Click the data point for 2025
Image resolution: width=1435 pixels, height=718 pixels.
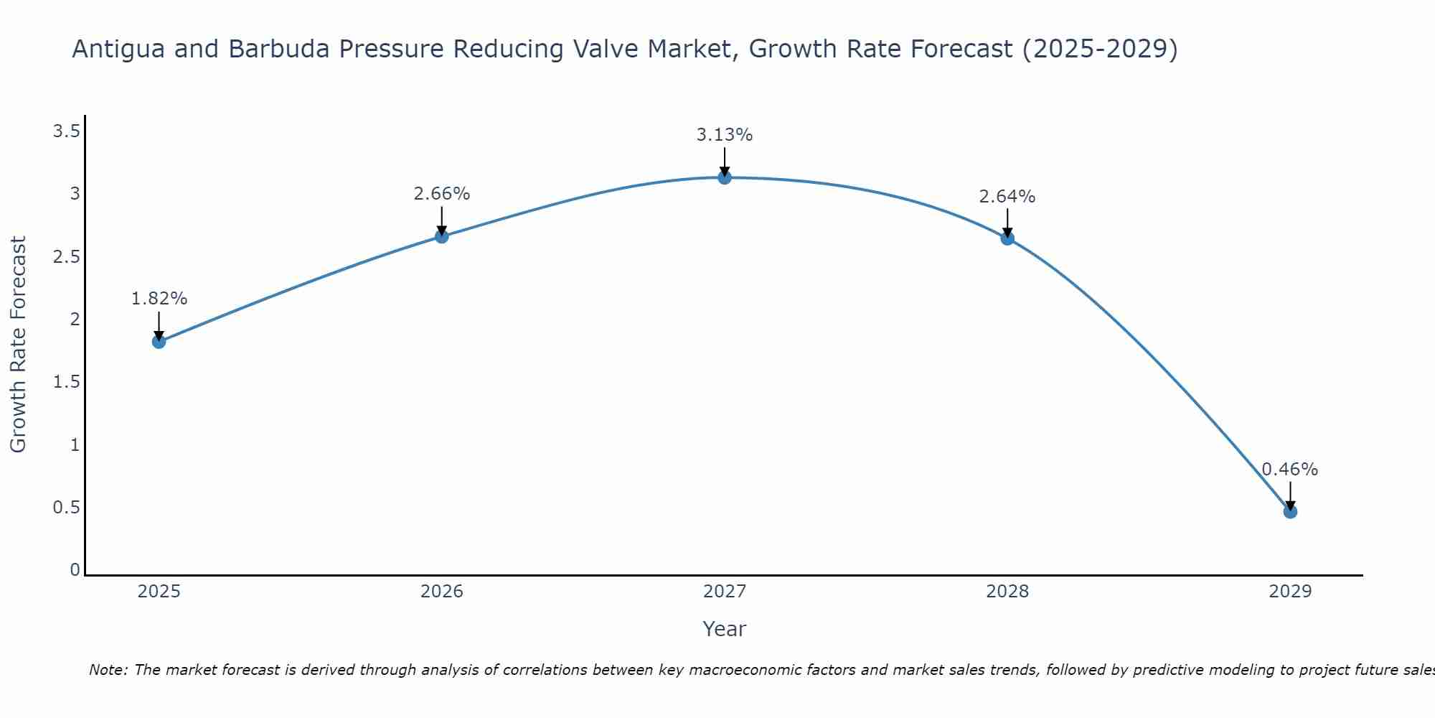(x=159, y=342)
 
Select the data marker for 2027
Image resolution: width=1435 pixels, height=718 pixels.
(x=725, y=177)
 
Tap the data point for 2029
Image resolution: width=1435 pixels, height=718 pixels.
(x=1290, y=512)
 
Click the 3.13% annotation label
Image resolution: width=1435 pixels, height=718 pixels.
(x=725, y=135)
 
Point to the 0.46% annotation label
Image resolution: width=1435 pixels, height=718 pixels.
(x=1290, y=470)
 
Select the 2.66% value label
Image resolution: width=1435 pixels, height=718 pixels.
(x=442, y=194)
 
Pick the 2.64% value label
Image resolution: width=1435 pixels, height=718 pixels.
(x=1007, y=197)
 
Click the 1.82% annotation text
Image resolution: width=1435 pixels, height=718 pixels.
(x=159, y=299)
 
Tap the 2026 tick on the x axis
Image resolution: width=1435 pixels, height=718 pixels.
(x=442, y=592)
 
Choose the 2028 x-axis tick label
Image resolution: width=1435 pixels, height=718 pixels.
(x=1007, y=592)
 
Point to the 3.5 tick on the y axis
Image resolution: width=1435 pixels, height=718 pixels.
(x=66, y=131)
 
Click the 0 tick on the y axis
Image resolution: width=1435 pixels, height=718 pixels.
(x=75, y=570)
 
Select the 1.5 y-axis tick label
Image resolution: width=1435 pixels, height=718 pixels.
(x=66, y=382)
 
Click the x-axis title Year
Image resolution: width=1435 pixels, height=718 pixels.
(x=725, y=629)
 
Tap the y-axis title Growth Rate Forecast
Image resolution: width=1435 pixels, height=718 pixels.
(x=18, y=345)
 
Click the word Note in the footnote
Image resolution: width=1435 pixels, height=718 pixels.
(x=108, y=670)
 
